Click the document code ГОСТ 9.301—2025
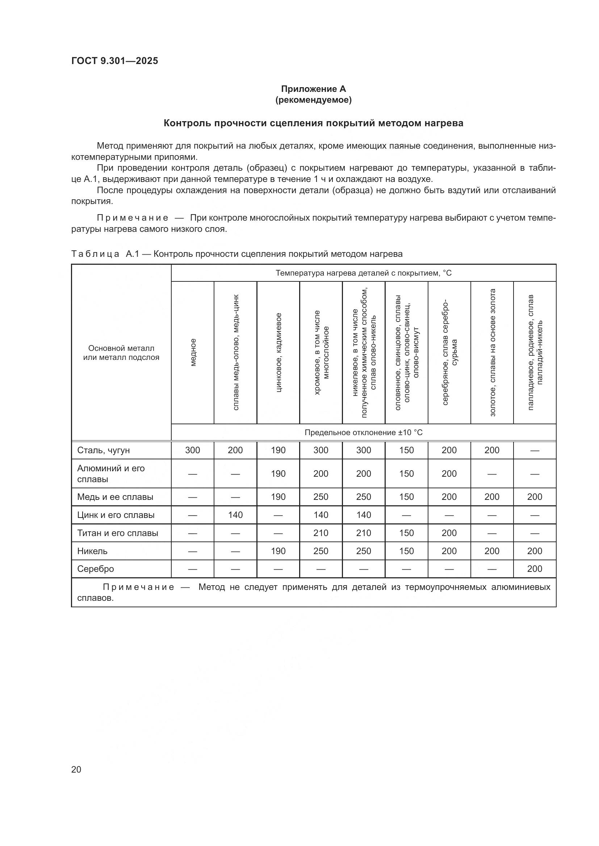(x=115, y=61)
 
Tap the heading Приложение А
(x=313, y=89)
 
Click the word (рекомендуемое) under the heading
(x=313, y=100)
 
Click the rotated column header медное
(x=193, y=353)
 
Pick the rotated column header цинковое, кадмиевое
(x=278, y=353)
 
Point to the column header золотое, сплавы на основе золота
(x=492, y=353)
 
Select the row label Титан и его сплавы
(x=117, y=533)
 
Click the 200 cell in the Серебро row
(x=535, y=569)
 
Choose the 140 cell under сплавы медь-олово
(x=235, y=515)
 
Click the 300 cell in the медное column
(x=193, y=450)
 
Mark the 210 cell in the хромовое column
(x=321, y=533)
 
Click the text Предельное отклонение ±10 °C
(x=363, y=433)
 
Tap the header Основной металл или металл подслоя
(x=121, y=353)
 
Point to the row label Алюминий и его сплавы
(x=111, y=473)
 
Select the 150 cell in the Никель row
(x=406, y=551)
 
